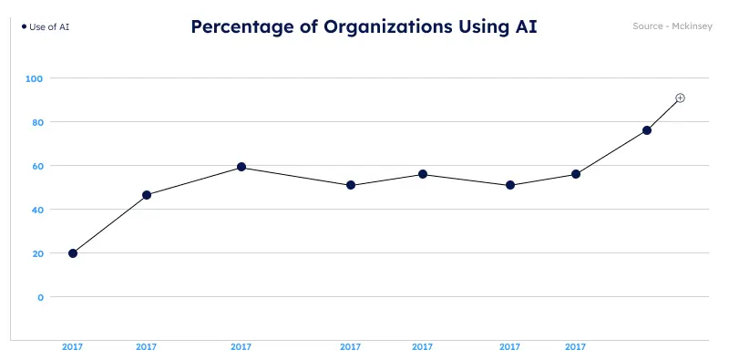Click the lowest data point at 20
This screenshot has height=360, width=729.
pos(73,253)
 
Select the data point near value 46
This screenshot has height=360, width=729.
pos(147,195)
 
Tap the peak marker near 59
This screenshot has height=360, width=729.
pos(241,167)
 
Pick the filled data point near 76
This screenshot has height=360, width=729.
pos(647,130)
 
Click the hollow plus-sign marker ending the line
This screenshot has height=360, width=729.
pos(680,98)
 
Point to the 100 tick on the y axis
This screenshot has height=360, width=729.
pos(35,78)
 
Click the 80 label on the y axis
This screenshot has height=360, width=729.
pos(36,122)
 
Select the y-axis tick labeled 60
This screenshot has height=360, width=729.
pos(36,166)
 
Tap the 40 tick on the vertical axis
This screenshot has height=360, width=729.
pos(36,210)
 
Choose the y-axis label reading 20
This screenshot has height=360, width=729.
pos(36,253)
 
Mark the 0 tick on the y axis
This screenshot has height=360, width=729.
pos(40,297)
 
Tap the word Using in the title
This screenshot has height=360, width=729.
pos(482,26)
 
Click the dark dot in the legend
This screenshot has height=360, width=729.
pos(24,26)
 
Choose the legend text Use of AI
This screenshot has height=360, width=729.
pos(50,26)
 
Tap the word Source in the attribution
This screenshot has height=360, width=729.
pos(648,26)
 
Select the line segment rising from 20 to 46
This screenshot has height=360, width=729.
pos(109,224)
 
